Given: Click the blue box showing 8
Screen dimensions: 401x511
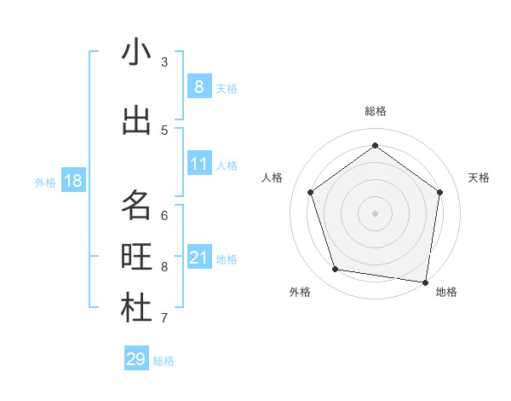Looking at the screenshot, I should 198,86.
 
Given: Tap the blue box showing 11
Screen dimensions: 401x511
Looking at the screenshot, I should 198,164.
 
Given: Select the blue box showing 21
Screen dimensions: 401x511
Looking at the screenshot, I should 198,258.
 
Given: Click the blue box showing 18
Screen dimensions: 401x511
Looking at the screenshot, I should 72,181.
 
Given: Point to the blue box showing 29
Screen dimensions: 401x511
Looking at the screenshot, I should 136,359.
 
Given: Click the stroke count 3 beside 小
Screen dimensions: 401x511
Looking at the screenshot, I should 164,61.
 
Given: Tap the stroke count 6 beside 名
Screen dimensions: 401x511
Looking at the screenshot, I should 164,215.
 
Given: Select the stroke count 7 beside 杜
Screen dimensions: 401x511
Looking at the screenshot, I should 164,318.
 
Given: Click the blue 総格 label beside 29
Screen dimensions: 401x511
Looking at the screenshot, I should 164,361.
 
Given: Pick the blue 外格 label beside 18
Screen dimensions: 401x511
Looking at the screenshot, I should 45,182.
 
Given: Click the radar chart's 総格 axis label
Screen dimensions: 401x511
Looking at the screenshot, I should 376,111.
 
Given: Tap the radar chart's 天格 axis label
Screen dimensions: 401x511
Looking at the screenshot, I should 479,177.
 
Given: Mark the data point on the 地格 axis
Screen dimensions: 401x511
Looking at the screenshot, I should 426,282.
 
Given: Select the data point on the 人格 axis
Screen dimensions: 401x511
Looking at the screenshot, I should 311,192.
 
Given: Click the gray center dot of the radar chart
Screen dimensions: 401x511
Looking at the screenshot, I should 375,212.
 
